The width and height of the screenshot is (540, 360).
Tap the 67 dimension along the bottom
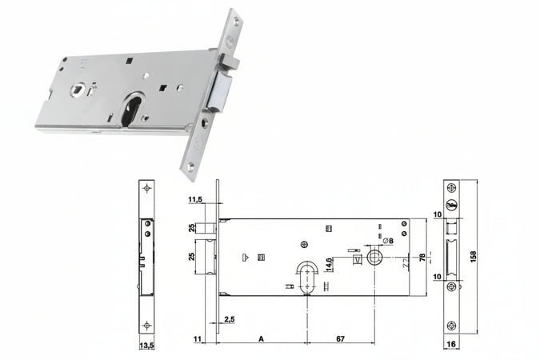pyautogui.click(x=342, y=340)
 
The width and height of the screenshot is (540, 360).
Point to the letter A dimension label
pyautogui.click(x=261, y=340)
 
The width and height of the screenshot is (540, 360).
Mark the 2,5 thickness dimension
pyautogui.click(x=230, y=320)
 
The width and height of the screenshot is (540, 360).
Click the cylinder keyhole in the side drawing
pyautogui.click(x=306, y=274)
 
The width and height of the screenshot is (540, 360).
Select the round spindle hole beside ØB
pyautogui.click(x=374, y=257)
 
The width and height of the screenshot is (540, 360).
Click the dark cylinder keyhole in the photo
pyautogui.click(x=134, y=111)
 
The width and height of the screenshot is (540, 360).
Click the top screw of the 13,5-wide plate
pyautogui.click(x=146, y=189)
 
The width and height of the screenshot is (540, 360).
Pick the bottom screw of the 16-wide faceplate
pyautogui.click(x=452, y=325)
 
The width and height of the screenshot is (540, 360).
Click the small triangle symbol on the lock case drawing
pyautogui.click(x=245, y=257)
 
